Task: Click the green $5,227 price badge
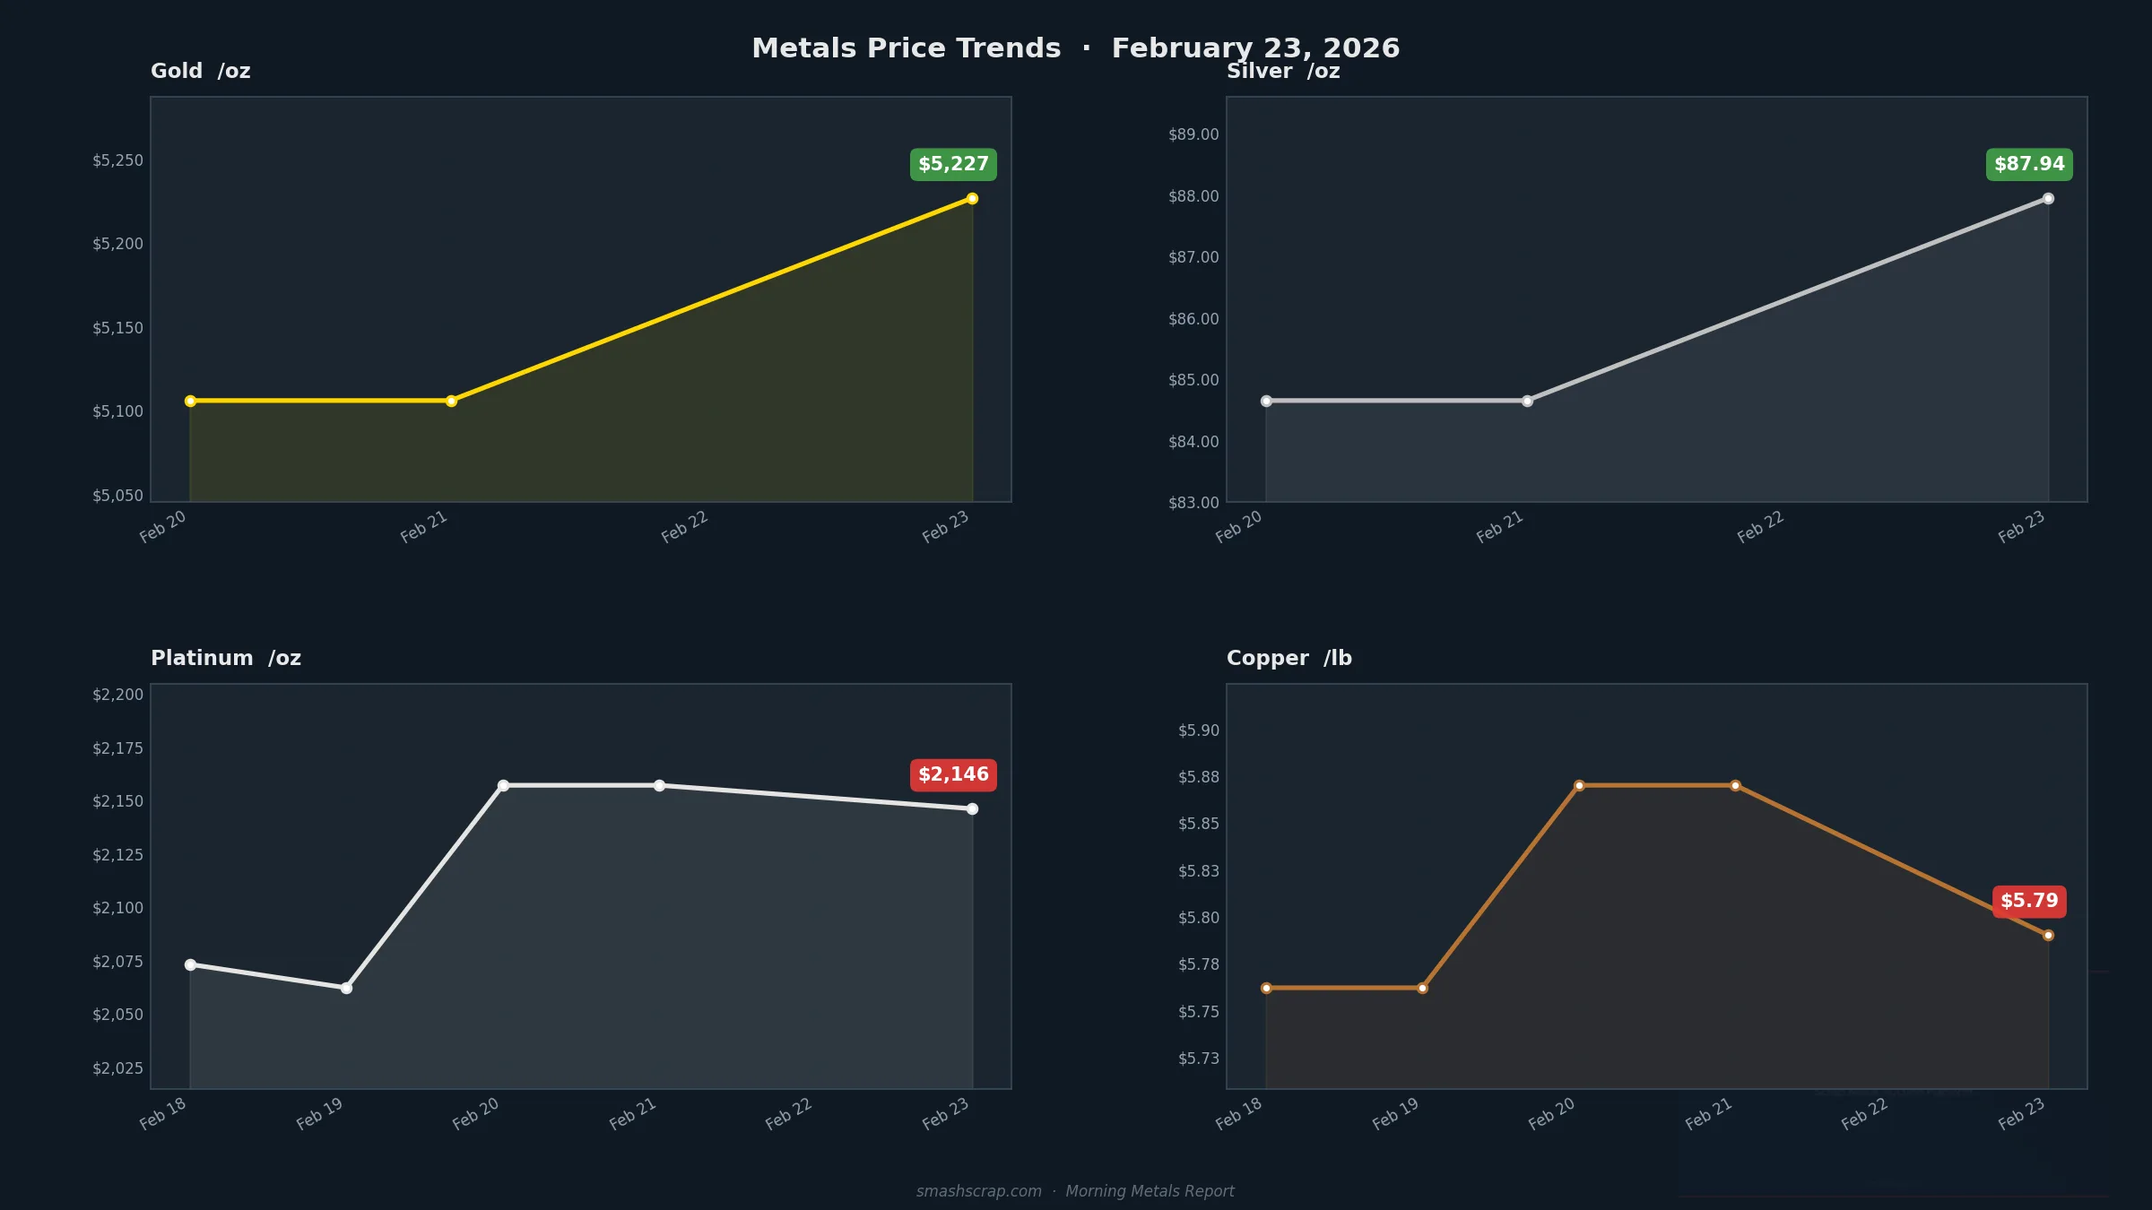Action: coord(953,164)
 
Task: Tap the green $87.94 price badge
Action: coord(2029,164)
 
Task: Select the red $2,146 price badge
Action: coord(953,774)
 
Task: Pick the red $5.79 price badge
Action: coord(2029,901)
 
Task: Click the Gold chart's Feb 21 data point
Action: coord(451,401)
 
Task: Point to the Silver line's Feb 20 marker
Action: coord(1266,401)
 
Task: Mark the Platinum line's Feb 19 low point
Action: coord(346,988)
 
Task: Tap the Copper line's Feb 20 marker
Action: coord(1579,785)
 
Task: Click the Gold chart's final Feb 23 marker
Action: coord(972,198)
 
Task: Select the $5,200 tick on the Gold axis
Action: coord(117,244)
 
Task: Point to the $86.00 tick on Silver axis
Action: coord(1193,319)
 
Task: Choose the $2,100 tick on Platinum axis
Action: coord(117,908)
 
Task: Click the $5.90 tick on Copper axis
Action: coord(1199,730)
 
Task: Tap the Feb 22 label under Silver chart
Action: coord(1760,527)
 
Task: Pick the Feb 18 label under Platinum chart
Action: coord(162,1113)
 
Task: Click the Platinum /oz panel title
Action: coord(226,658)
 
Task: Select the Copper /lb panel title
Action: coord(1289,658)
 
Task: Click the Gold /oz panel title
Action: coord(200,71)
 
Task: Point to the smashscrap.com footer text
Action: coord(979,1191)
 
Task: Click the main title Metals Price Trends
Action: coord(906,48)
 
